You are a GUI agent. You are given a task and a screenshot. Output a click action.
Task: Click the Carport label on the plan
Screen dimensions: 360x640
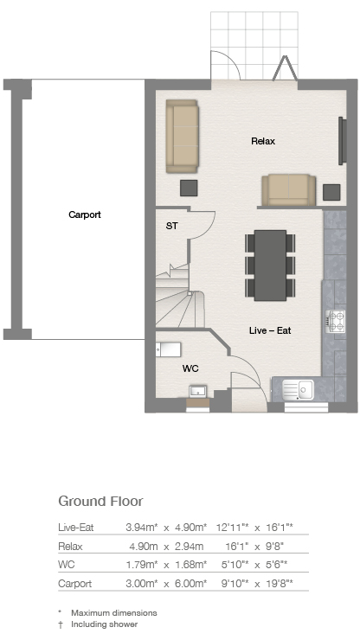click(85, 214)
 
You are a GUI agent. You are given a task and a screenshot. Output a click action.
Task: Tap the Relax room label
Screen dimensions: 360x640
click(263, 141)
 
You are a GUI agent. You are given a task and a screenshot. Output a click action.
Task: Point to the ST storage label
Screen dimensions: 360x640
click(172, 226)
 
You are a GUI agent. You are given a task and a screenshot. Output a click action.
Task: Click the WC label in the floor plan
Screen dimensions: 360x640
click(190, 368)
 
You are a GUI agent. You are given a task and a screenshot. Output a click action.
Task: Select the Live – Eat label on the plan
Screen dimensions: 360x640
click(270, 330)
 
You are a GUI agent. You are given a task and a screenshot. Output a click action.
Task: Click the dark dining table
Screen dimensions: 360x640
click(270, 266)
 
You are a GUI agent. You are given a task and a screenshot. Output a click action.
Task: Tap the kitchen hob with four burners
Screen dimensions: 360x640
click(336, 321)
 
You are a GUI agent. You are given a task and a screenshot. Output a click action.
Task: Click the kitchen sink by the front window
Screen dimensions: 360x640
click(298, 389)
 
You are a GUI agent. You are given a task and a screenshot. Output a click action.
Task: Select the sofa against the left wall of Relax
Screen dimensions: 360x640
click(182, 137)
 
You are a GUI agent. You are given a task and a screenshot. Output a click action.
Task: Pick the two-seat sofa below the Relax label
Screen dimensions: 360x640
click(289, 190)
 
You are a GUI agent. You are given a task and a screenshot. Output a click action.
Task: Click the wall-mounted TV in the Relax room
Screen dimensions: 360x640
click(342, 141)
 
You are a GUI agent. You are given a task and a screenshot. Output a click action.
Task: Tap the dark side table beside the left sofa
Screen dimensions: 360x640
click(189, 188)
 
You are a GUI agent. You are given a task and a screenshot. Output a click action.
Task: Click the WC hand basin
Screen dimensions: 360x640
click(198, 391)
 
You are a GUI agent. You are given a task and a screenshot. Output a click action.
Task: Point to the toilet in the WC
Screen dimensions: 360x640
click(169, 349)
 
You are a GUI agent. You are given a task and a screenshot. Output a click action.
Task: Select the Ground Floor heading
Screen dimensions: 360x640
click(100, 502)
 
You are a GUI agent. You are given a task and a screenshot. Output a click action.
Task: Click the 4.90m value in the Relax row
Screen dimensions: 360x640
click(143, 546)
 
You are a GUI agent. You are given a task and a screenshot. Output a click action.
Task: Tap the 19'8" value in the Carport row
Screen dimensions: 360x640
click(280, 584)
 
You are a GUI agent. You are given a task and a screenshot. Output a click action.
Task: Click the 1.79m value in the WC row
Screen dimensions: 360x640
click(141, 565)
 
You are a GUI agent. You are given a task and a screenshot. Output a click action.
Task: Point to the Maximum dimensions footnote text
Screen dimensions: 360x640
click(114, 612)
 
